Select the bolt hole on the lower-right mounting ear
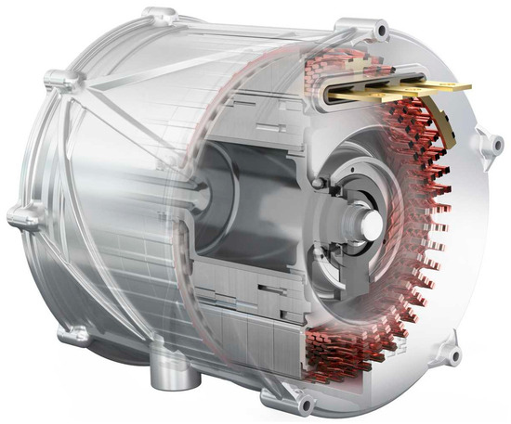pos(453,353)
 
